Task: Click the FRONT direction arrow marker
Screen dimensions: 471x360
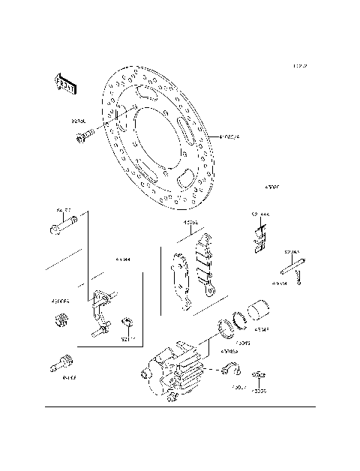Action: pos(65,84)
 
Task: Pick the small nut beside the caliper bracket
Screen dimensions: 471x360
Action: pos(127,323)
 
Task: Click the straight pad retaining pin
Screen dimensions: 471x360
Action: pos(292,265)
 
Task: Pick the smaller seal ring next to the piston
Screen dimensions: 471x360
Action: pos(241,321)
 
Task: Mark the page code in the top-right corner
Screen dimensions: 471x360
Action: pos(300,67)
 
